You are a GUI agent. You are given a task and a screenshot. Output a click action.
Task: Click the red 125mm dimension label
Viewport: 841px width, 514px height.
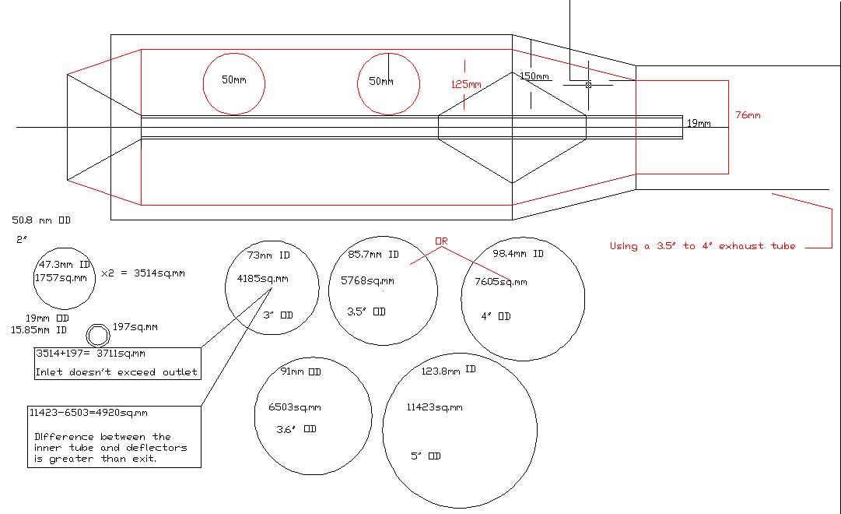[x=466, y=84]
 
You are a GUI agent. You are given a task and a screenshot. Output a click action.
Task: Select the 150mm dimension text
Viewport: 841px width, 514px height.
[x=534, y=76]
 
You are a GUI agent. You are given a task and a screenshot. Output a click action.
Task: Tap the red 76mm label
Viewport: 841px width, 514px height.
[x=748, y=115]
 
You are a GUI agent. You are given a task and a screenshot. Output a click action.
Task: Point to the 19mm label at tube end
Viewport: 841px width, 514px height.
[x=699, y=123]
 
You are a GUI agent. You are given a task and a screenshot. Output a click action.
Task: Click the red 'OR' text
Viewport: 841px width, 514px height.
[x=441, y=241]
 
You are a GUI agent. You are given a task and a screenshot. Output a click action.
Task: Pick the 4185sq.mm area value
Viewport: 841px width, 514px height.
[x=262, y=278]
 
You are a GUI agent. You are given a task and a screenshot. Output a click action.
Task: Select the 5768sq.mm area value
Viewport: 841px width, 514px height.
[x=367, y=281]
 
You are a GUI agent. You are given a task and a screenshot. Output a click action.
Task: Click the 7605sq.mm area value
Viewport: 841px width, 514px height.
[x=500, y=282]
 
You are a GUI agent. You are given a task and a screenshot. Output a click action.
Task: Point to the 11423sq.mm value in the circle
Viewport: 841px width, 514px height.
[x=434, y=407]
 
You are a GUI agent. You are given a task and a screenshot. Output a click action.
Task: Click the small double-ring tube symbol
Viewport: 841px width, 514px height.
[x=98, y=335]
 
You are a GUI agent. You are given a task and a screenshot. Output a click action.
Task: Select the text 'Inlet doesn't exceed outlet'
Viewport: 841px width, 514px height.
[x=117, y=372]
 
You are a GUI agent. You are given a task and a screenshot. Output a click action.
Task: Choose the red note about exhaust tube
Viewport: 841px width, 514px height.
[x=702, y=246]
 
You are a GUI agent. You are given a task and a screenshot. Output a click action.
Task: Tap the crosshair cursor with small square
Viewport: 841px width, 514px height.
[x=588, y=84]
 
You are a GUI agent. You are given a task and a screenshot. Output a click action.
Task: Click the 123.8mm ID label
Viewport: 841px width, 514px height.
[x=448, y=371]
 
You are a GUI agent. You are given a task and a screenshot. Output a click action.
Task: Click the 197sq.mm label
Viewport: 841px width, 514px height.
[x=135, y=327]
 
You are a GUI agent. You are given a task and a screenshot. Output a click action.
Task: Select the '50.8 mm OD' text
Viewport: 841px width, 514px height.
[x=41, y=220]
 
